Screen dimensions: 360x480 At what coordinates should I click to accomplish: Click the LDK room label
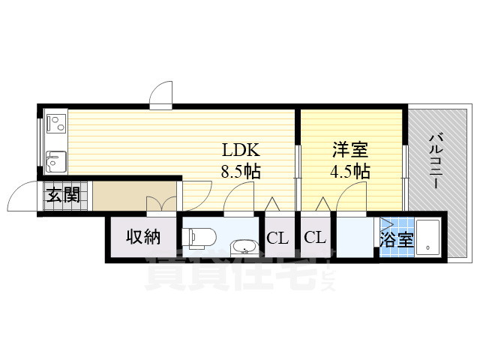(x=239, y=149)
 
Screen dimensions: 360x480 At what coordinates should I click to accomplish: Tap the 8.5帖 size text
(x=240, y=171)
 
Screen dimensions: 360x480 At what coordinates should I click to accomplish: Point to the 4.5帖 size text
(x=350, y=171)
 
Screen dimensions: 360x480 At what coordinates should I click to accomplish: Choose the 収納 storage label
(x=142, y=238)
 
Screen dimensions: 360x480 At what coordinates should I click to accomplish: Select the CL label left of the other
(x=277, y=238)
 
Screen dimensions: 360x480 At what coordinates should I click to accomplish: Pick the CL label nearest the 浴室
(x=315, y=238)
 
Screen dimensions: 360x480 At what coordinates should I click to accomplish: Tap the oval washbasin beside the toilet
(x=242, y=247)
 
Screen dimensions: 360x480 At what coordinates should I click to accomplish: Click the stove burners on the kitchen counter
(x=56, y=121)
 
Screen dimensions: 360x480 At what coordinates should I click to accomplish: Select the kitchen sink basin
(x=55, y=160)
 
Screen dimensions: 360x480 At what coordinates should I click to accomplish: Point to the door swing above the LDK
(x=161, y=96)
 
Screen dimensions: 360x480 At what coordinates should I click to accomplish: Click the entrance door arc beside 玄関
(x=21, y=199)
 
